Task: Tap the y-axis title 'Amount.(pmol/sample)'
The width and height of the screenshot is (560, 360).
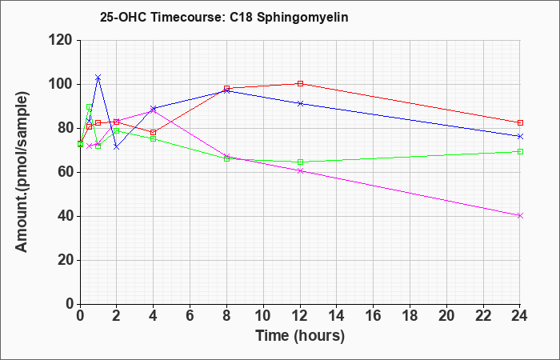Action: pyautogui.click(x=23, y=172)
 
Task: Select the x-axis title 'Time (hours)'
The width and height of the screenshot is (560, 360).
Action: pyautogui.click(x=300, y=335)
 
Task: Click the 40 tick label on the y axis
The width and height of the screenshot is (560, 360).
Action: pyautogui.click(x=64, y=216)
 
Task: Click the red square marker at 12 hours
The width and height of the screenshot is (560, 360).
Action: pyautogui.click(x=300, y=83)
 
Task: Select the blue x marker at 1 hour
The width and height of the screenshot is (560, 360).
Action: pyautogui.click(x=98, y=78)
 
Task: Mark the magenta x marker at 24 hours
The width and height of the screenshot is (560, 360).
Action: pyautogui.click(x=520, y=215)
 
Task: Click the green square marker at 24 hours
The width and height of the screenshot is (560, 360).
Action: pyautogui.click(x=520, y=151)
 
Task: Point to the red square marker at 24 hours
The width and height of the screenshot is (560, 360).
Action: pyautogui.click(x=520, y=122)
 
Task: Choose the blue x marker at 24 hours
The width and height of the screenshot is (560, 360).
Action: pyautogui.click(x=520, y=136)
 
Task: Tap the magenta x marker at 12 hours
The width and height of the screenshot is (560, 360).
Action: pyautogui.click(x=300, y=170)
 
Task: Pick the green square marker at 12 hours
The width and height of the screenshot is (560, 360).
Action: pyautogui.click(x=300, y=162)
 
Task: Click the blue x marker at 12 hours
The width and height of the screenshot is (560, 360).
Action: pyautogui.click(x=300, y=103)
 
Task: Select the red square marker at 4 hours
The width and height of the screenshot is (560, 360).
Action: pyautogui.click(x=153, y=132)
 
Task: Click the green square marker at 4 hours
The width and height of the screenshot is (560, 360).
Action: pyautogui.click(x=153, y=139)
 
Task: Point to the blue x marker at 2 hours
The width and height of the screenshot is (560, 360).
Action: pyautogui.click(x=116, y=146)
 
